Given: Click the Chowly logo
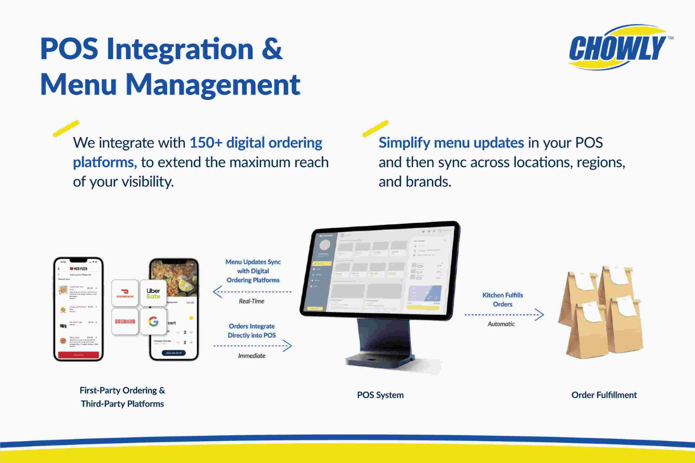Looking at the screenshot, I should [x=618, y=48].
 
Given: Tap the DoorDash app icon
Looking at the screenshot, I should [x=125, y=293].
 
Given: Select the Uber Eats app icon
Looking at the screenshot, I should [x=153, y=293].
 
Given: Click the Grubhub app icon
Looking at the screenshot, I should [x=125, y=321].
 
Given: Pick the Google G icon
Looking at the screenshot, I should [x=153, y=321].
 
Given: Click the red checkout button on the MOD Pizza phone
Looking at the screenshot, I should [x=78, y=355].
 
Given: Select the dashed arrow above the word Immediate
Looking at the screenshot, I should [x=253, y=345].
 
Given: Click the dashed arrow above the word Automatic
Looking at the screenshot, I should [x=504, y=315].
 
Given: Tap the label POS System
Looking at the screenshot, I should [x=380, y=395].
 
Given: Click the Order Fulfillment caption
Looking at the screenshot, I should [x=604, y=395].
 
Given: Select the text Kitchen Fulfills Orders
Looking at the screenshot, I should [x=503, y=300].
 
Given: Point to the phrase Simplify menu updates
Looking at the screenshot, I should [x=451, y=143].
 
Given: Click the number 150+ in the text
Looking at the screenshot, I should [x=206, y=143].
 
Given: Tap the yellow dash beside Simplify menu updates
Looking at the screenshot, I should [x=375, y=128].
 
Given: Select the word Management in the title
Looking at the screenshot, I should [x=213, y=85].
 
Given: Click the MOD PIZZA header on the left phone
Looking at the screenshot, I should [x=79, y=269].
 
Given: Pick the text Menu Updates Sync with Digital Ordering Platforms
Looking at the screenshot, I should [x=253, y=271].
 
